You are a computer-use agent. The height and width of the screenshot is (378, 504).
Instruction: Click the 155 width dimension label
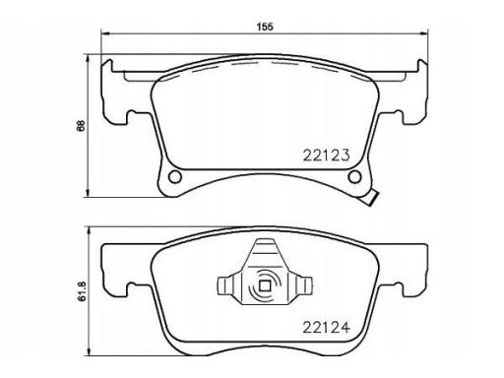click(x=265, y=27)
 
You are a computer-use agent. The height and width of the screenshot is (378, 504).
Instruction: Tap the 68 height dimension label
click(x=81, y=126)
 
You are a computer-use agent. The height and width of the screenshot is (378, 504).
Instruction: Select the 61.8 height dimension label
click(x=82, y=291)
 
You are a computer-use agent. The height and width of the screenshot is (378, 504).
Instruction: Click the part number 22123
click(x=326, y=156)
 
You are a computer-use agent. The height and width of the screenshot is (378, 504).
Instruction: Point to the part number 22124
click(x=326, y=327)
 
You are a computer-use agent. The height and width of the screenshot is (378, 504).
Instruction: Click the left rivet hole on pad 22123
click(x=175, y=177)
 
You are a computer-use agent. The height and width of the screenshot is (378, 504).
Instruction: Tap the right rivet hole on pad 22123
click(x=354, y=177)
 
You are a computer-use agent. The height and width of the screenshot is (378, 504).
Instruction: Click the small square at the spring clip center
click(x=265, y=286)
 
